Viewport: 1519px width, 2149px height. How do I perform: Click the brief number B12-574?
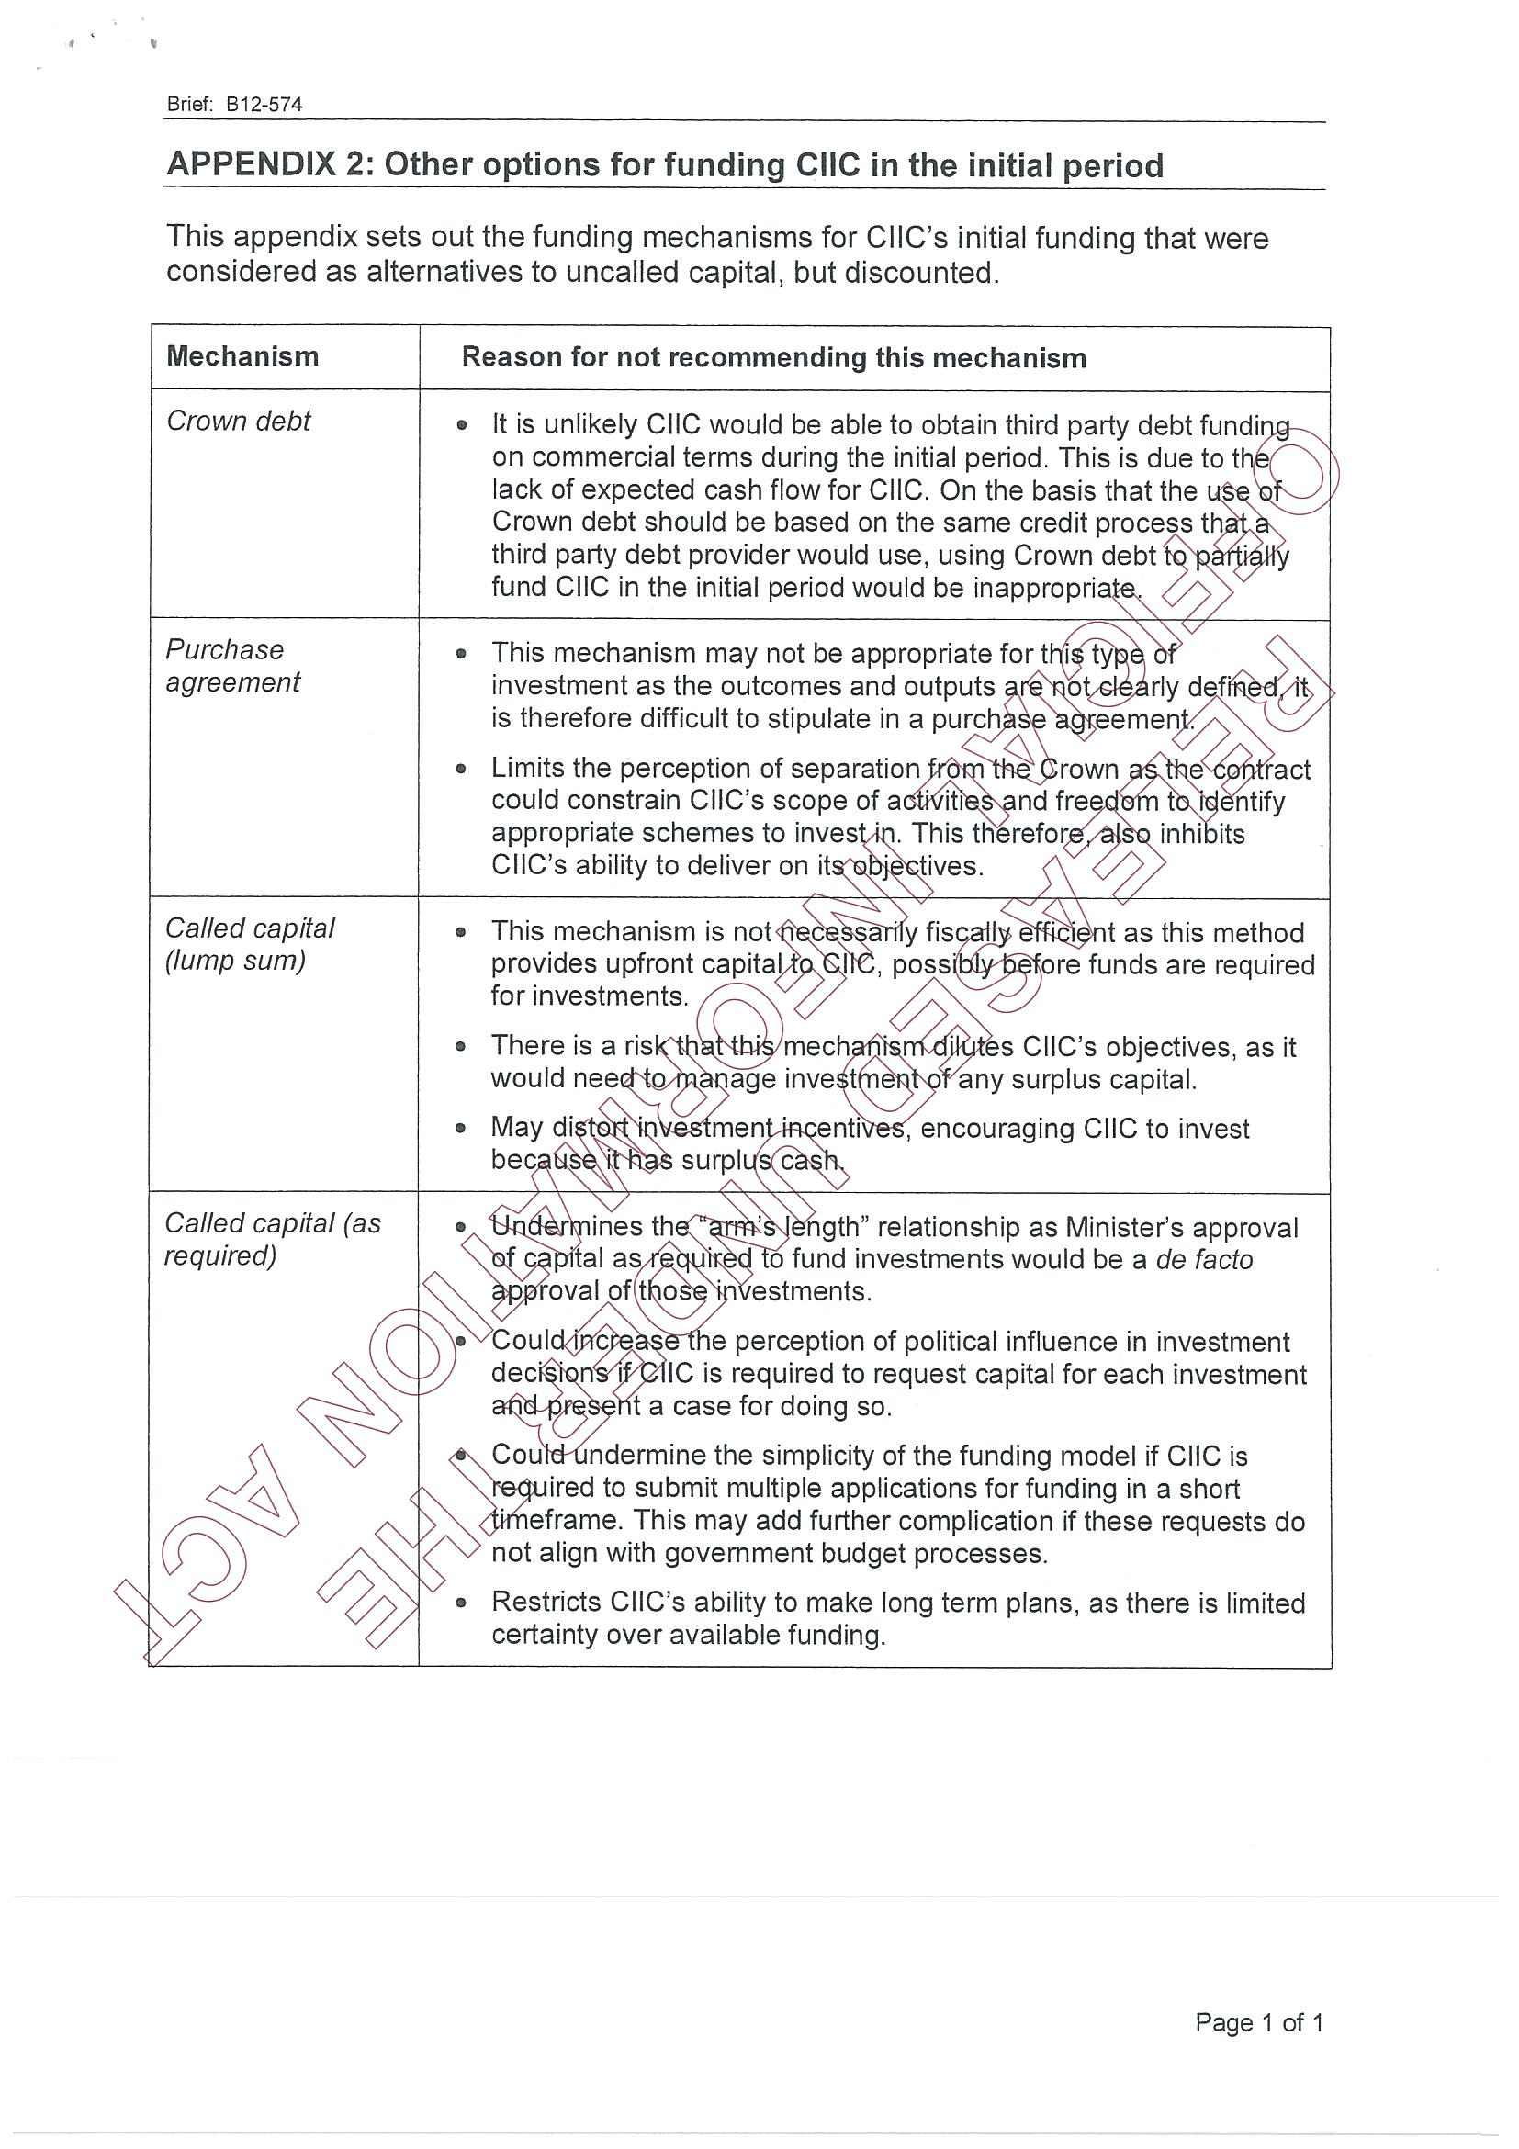264,105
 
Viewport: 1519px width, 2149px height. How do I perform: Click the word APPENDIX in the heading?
251,164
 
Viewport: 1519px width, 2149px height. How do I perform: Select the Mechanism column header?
242,356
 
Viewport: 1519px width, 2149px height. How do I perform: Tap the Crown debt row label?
238,422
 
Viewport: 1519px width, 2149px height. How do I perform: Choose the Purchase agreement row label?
232,666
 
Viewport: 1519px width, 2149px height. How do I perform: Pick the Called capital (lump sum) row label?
249,944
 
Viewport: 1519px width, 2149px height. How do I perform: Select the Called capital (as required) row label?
273,1239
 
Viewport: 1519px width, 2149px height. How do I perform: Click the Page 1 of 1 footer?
1259,2022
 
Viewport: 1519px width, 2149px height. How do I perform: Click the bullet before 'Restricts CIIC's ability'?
460,1603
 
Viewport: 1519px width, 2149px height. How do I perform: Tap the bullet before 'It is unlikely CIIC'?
461,426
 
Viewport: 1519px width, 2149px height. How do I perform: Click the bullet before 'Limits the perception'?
460,770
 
